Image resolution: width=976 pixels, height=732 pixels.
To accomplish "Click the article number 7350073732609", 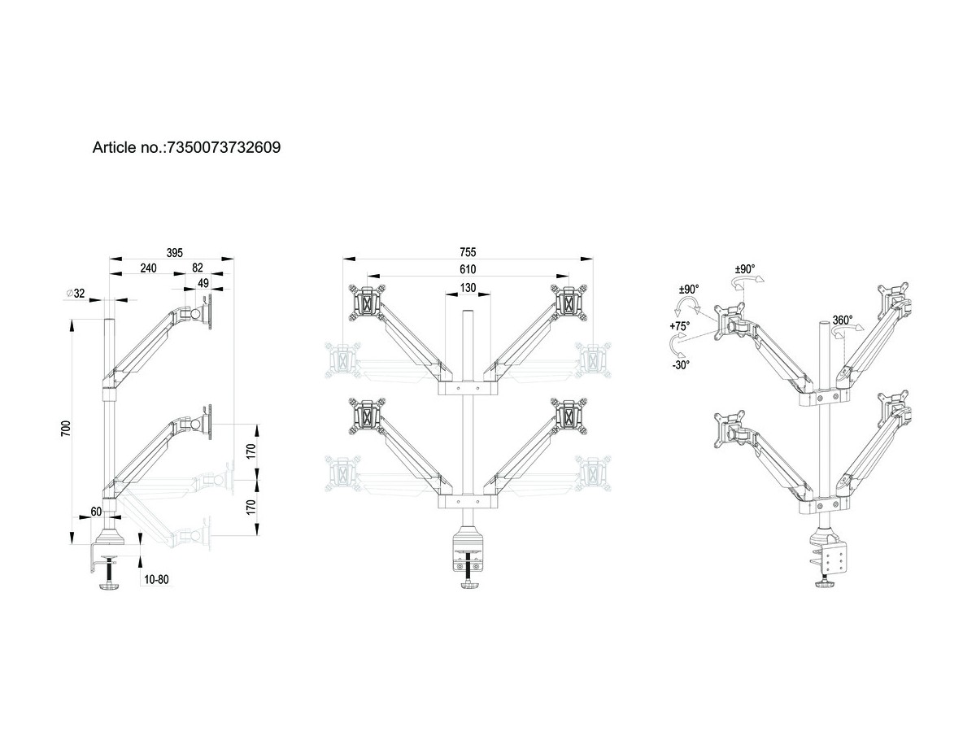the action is [224, 147].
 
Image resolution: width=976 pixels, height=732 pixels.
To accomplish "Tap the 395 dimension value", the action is [174, 253].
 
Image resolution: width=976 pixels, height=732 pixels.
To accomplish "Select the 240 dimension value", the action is [148, 268].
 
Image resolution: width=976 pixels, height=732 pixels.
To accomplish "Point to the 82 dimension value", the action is [198, 268].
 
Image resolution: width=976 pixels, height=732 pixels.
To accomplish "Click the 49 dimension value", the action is [203, 283].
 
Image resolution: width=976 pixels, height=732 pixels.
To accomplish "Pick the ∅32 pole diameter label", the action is [75, 294].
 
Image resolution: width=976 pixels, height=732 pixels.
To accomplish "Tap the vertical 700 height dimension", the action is [66, 429].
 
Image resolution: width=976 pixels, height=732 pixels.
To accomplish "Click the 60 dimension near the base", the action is [96, 512].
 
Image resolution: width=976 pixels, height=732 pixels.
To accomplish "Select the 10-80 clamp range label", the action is [156, 579].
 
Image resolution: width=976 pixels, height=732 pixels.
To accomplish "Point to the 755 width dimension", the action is [468, 252].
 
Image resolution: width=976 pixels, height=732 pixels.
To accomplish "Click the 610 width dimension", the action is [468, 269].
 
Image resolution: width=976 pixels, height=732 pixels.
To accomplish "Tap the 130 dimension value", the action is [468, 288].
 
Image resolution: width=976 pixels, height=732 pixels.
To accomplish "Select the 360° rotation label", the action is [843, 320].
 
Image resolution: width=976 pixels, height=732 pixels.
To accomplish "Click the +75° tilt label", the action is [680, 326].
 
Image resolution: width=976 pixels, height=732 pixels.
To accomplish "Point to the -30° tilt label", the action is [681, 365].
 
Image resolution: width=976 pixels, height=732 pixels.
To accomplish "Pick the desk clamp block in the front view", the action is [468, 548].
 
